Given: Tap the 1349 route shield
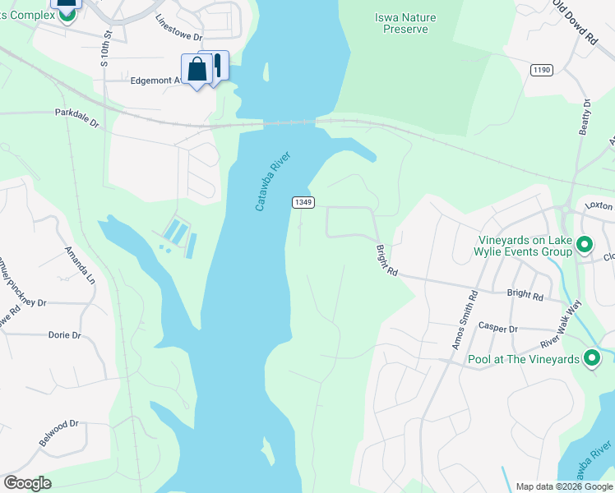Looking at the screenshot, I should [301, 202].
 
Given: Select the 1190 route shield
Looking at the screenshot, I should [540, 71].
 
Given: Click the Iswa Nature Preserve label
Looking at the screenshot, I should [405, 23].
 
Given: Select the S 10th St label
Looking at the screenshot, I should [105, 49].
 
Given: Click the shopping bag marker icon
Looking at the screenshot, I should [197, 71].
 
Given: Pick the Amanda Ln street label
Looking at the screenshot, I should [80, 263].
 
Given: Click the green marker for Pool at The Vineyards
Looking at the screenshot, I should [590, 358].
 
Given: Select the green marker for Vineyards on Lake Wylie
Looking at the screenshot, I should [585, 244].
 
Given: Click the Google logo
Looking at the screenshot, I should [27, 483].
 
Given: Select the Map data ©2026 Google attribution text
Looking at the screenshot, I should [563, 486].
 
